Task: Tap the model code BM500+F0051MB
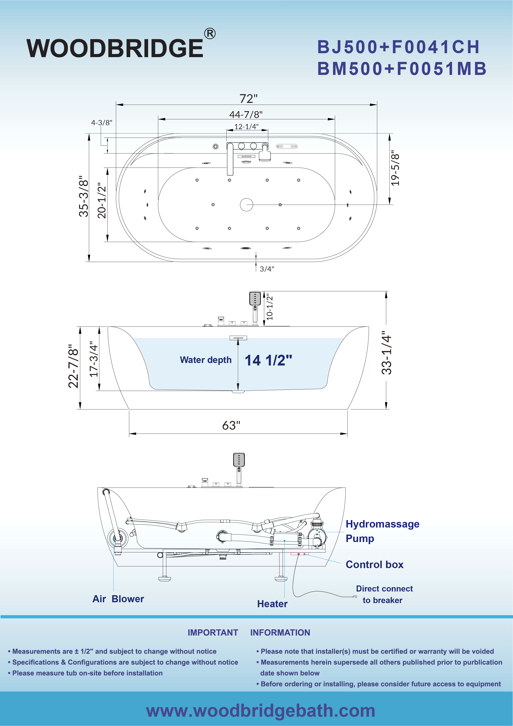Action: click(402, 69)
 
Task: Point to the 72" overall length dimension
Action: click(248, 99)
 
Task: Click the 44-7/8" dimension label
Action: click(246, 114)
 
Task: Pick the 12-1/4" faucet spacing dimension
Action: click(247, 126)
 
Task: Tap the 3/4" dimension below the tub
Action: click(267, 269)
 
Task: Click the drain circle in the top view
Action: click(247, 205)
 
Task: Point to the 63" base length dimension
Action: click(231, 425)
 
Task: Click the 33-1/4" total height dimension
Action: click(387, 353)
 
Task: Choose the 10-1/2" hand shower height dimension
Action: click(269, 307)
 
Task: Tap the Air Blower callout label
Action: click(118, 599)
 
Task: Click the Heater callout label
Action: click(272, 604)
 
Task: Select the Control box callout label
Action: click(375, 564)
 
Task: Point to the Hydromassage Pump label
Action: click(382, 531)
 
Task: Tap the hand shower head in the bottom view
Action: click(239, 459)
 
